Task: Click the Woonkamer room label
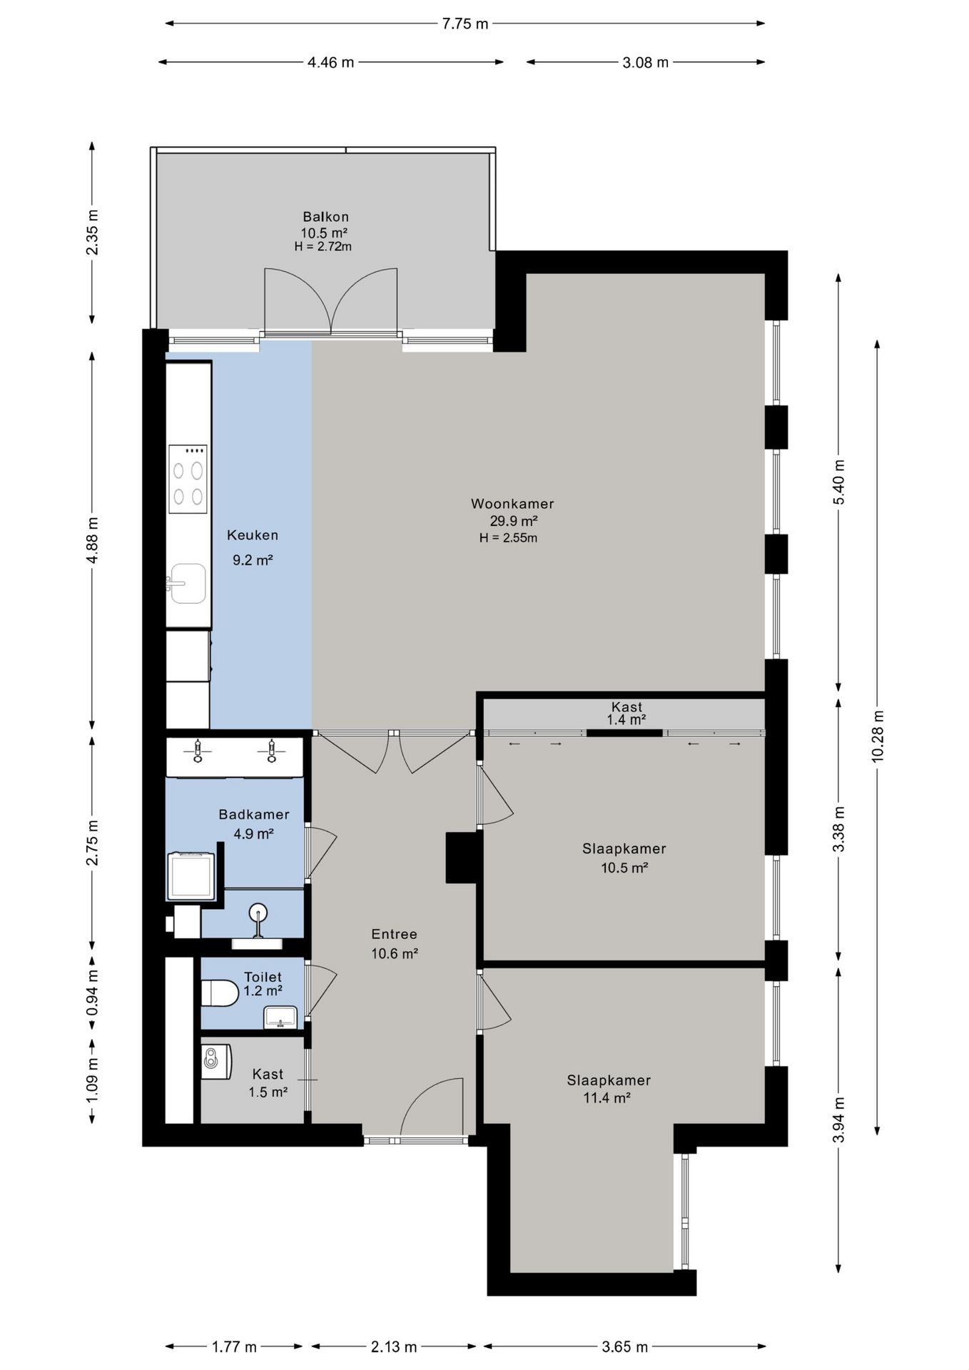pyautogui.click(x=512, y=504)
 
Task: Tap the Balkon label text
pyautogui.click(x=325, y=217)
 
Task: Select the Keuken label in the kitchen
pyautogui.click(x=253, y=535)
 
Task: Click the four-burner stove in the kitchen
pyautogui.click(x=188, y=479)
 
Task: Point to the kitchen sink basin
pyautogui.click(x=188, y=584)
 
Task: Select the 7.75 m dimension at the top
pyautogui.click(x=465, y=24)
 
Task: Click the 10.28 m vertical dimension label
pyautogui.click(x=877, y=736)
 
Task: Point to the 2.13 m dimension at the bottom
pyautogui.click(x=394, y=1347)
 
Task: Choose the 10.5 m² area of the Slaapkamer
pyautogui.click(x=624, y=868)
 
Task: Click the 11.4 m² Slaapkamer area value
pyautogui.click(x=607, y=1098)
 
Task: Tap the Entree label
pyautogui.click(x=394, y=934)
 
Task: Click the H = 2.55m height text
pyautogui.click(x=508, y=538)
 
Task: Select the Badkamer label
pyautogui.click(x=254, y=814)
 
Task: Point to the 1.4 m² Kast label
pyautogui.click(x=626, y=720)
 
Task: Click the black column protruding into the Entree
pyautogui.click(x=462, y=857)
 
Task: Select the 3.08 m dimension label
pyautogui.click(x=646, y=62)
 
